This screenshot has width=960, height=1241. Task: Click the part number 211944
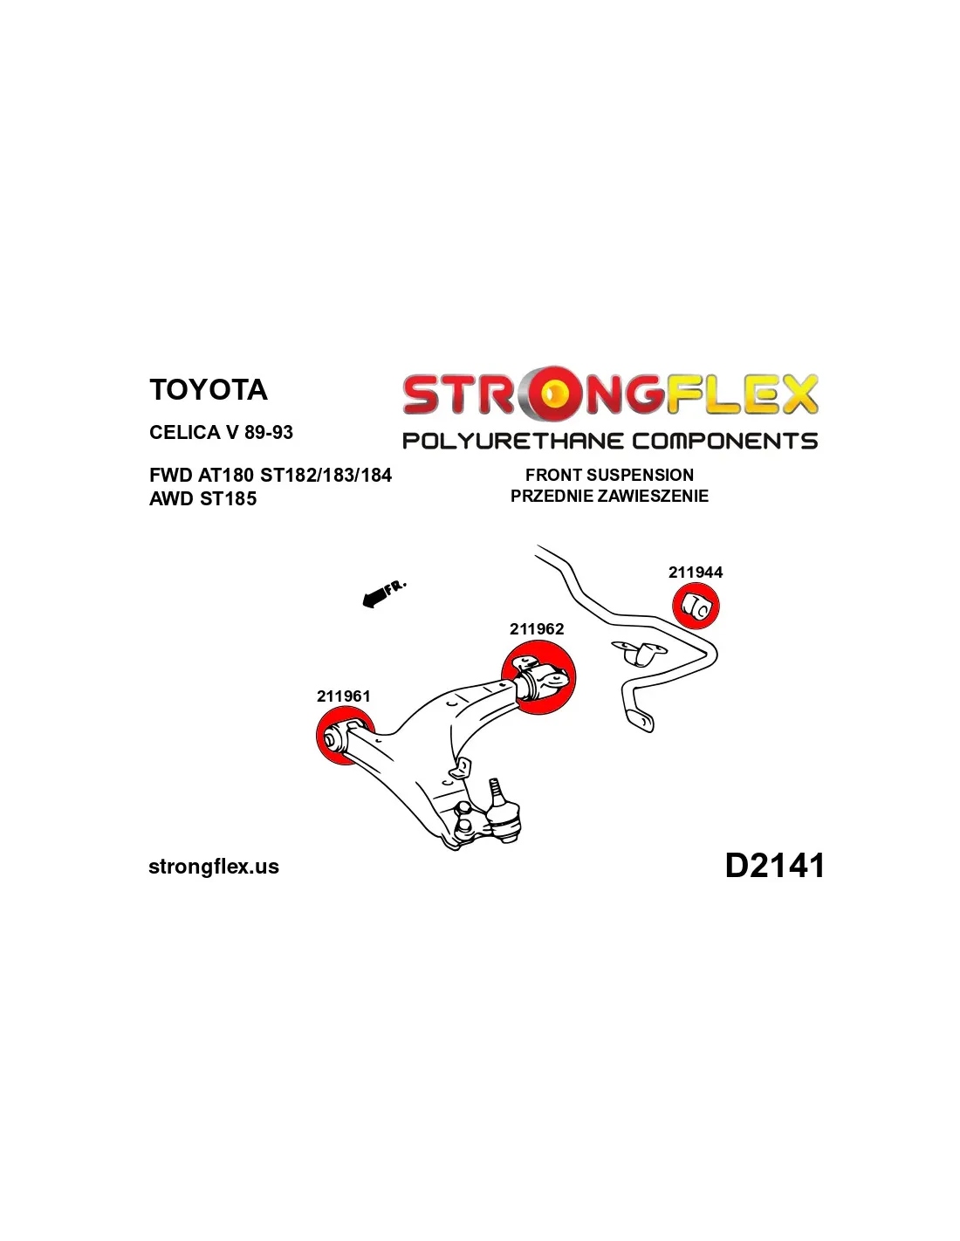pos(695,573)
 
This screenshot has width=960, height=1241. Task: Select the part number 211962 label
pos(536,628)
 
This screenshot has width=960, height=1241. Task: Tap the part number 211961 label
pos(343,696)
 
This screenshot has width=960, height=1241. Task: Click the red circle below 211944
pos(695,606)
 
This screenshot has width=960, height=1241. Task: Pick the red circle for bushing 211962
pos(538,678)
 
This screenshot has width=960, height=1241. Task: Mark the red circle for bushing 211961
pos(346,736)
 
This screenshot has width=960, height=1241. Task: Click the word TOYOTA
pos(209,390)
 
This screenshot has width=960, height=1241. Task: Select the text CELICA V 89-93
pos(221,432)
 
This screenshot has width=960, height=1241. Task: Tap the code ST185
pos(228,498)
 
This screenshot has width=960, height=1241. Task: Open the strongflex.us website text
pos(214,867)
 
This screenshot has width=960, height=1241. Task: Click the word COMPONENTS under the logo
pos(725,441)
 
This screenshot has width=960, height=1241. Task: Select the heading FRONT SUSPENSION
pos(609,475)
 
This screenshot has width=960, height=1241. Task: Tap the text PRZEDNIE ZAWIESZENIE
pos(609,496)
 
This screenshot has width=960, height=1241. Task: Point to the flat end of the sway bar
pos(641,720)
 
